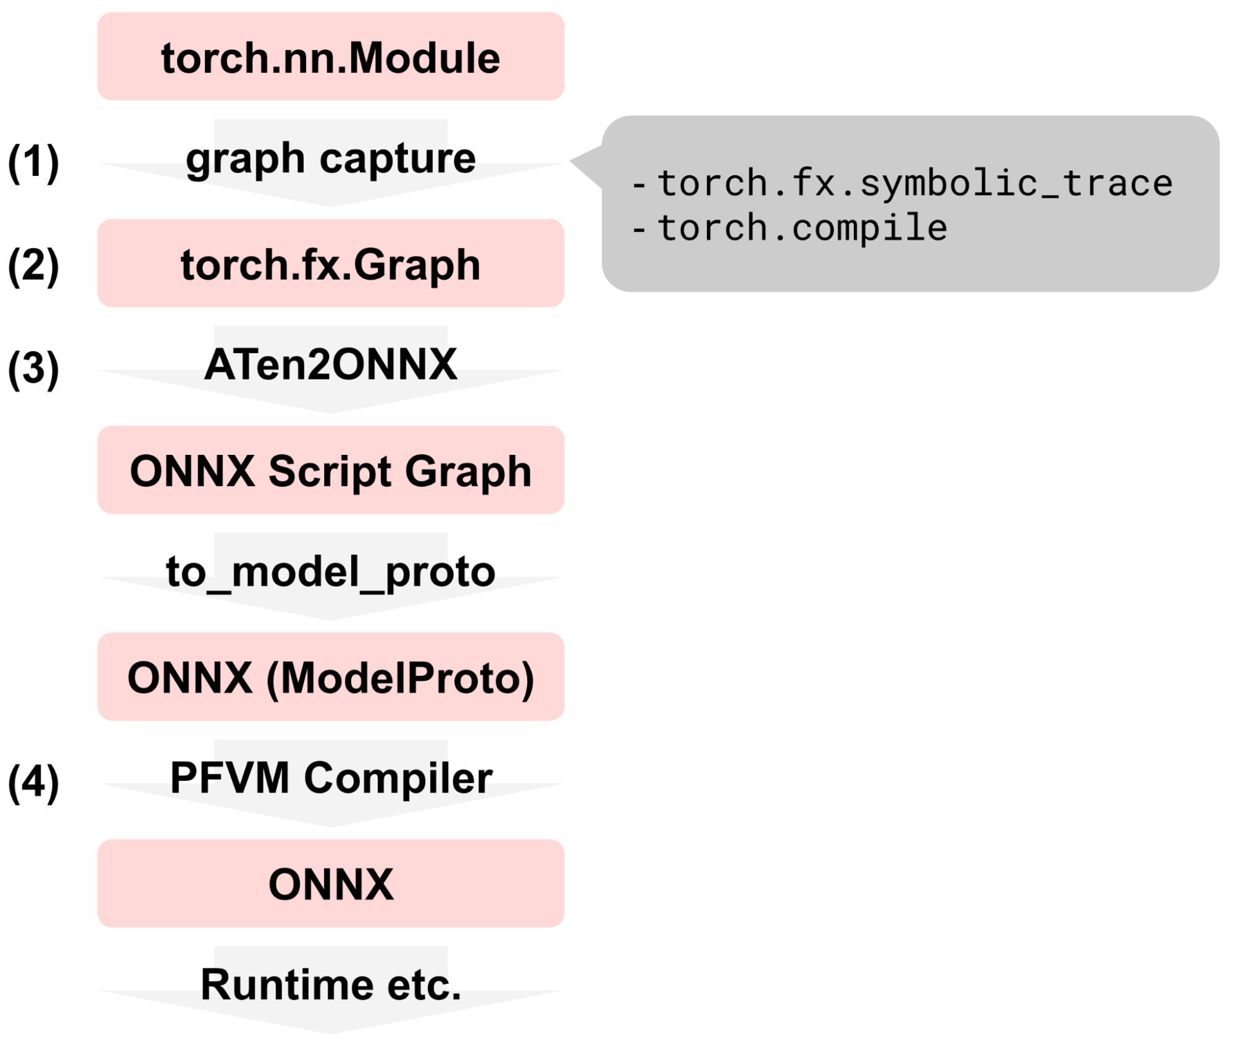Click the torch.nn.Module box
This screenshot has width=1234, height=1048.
331,56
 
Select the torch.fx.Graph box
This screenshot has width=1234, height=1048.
331,263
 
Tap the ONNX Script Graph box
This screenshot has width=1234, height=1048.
331,470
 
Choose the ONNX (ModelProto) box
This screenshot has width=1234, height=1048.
331,676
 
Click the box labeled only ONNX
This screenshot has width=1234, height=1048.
331,883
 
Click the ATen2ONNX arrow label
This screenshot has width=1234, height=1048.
331,364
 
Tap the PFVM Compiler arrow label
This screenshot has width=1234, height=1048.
331,778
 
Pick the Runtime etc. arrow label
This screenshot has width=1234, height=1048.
331,984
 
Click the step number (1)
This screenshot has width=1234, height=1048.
33,162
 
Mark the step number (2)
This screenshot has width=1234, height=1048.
33,266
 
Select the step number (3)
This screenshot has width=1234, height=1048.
33,369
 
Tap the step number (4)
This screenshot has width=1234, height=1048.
33,783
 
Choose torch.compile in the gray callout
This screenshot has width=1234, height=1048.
802,228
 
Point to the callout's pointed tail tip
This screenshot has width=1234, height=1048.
570,161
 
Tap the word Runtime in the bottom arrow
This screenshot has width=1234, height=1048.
287,984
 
